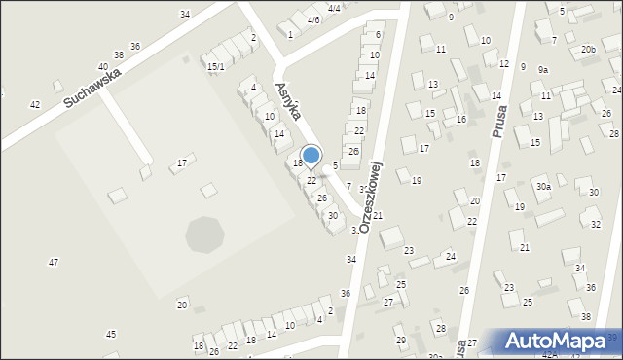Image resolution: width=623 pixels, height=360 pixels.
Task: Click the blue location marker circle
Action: [311, 155]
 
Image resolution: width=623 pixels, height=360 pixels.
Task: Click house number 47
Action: [54, 262]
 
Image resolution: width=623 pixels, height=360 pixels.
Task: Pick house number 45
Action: [111, 335]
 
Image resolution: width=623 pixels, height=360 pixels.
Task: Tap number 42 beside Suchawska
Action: [35, 104]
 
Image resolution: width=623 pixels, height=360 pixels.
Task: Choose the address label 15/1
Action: [216, 66]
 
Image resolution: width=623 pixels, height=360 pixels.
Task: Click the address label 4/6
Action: [313, 19]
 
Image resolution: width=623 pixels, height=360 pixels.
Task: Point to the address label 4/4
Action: [334, 8]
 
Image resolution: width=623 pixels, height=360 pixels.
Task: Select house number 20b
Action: [588, 49]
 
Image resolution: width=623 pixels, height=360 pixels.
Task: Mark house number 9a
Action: [543, 69]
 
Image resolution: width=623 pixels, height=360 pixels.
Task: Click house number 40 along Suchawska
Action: [102, 67]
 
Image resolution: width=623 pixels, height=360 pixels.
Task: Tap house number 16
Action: [461, 119]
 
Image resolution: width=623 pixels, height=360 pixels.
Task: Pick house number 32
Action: [596, 224]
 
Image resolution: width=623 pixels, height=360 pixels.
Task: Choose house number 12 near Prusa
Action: [503, 63]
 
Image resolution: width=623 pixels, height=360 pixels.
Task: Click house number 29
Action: [400, 340]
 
